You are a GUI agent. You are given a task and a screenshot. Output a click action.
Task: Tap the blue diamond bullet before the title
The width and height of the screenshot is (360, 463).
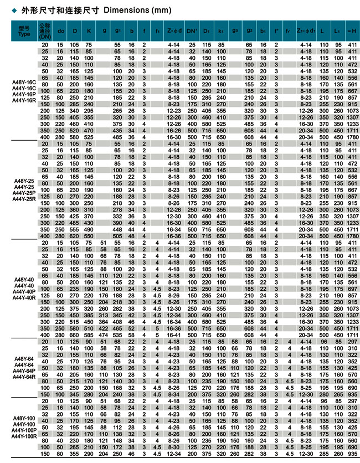coord(6,11)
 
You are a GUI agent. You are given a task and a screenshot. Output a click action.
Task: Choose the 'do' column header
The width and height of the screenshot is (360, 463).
coord(60,30)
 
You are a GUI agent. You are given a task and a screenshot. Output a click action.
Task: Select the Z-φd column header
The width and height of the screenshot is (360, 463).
coord(174,30)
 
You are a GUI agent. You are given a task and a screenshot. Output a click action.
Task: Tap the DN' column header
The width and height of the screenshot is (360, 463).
coord(192,30)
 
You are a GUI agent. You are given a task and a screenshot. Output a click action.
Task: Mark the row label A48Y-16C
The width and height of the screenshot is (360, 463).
coord(24,80)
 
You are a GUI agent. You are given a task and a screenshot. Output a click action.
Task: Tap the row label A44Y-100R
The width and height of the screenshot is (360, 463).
coord(24,436)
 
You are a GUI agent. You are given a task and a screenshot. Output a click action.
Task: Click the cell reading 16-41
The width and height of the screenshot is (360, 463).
coord(174,335)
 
